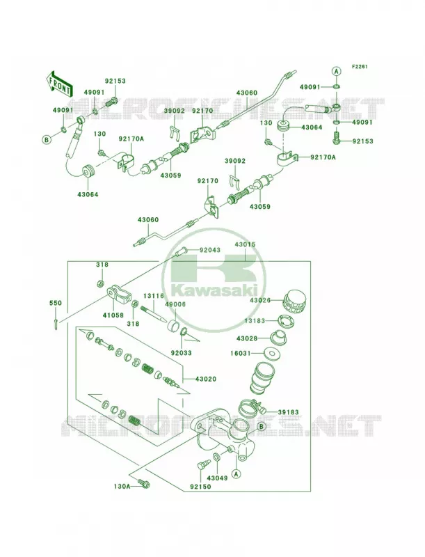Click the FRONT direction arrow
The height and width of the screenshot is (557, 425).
pyautogui.click(x=59, y=84)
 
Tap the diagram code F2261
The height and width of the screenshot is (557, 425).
pyautogui.click(x=360, y=66)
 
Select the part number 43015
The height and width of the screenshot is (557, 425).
pyautogui.click(x=245, y=245)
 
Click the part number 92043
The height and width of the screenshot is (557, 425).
pyautogui.click(x=209, y=250)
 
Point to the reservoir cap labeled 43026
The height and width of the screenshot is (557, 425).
pyautogui.click(x=294, y=302)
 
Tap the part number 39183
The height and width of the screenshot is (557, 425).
pyautogui.click(x=288, y=412)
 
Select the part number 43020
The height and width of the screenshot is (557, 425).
pyautogui.click(x=205, y=379)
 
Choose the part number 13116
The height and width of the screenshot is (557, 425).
pyautogui.click(x=154, y=295)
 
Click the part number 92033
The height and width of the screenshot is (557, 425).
pyautogui.click(x=182, y=353)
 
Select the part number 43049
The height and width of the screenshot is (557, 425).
pyautogui.click(x=217, y=478)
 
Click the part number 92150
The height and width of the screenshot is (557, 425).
pyautogui.click(x=200, y=486)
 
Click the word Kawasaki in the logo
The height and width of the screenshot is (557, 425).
pyautogui.click(x=214, y=290)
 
